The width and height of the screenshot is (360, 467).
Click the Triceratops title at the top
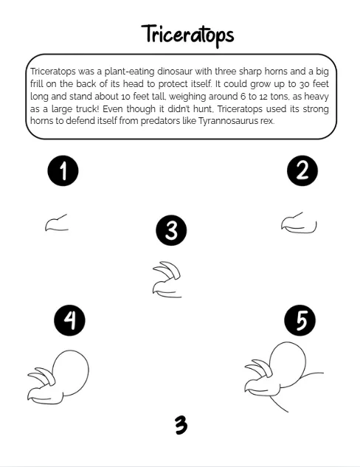tap(187, 35)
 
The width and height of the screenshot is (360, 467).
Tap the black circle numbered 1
tap(63, 170)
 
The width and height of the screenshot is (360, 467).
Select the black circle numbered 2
tap(302, 170)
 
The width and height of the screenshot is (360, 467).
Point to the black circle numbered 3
tap(171, 230)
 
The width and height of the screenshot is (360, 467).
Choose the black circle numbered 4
tap(69, 320)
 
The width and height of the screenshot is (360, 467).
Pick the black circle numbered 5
tap(300, 320)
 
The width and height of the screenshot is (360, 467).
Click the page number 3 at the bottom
tap(181, 425)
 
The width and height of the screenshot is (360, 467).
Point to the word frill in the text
tap(37, 83)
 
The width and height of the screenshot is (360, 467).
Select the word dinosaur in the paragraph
tap(175, 72)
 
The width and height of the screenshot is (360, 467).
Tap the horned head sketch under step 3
tap(167, 280)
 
